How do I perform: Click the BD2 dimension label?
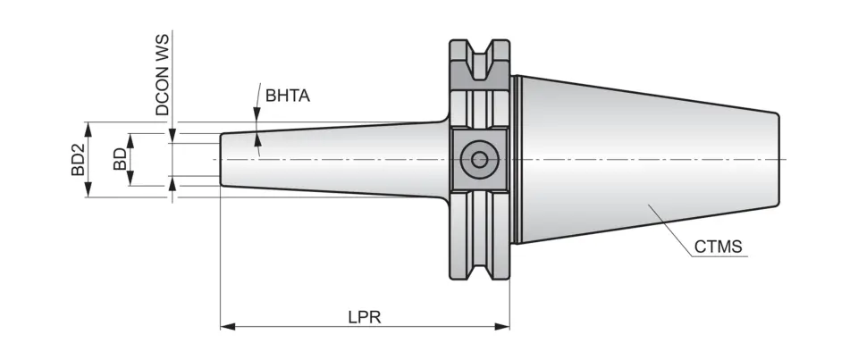point(78,159)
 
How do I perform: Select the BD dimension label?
point(119,160)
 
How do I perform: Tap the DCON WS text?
point(163,76)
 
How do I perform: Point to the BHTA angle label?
point(287,95)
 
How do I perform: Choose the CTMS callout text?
point(718,247)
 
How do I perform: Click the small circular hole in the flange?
point(480,160)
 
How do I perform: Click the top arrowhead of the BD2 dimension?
point(88,127)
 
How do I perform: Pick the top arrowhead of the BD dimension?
point(130,138)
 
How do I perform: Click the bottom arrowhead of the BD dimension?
point(130,181)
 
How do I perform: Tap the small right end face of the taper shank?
point(778,160)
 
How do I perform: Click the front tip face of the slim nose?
point(222,160)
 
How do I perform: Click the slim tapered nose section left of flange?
point(331,160)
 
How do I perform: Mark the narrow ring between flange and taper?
point(514,160)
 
